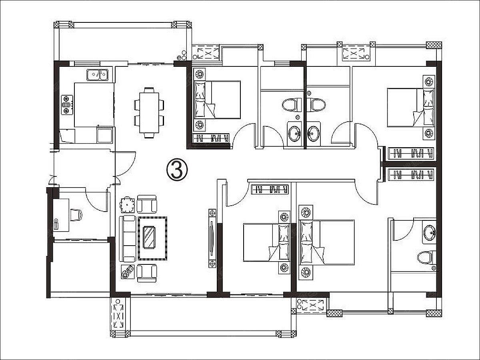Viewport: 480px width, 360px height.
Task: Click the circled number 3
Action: tap(177, 169)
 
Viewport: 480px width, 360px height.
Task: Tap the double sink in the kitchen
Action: tap(98, 75)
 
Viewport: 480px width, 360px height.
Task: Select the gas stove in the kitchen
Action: tap(67, 104)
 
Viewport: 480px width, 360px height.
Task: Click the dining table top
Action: tap(149, 113)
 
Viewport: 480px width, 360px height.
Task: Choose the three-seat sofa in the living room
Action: tap(127, 238)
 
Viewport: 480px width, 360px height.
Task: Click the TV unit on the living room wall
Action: tap(212, 238)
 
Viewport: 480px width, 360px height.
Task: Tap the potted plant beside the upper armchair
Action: tap(127, 204)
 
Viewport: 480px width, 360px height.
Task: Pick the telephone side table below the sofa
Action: tap(128, 272)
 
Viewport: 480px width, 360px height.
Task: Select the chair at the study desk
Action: tap(76, 215)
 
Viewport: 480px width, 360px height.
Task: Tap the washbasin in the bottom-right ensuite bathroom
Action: tap(429, 232)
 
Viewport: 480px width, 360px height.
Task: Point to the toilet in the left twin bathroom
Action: tap(291, 105)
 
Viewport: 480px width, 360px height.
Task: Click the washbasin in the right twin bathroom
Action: tap(313, 133)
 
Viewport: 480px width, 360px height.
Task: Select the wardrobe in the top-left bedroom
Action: tap(211, 138)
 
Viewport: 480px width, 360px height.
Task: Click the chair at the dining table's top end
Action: tap(149, 90)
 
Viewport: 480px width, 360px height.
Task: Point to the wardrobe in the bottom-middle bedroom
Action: tap(270, 190)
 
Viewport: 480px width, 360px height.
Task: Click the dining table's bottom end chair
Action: tap(149, 136)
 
